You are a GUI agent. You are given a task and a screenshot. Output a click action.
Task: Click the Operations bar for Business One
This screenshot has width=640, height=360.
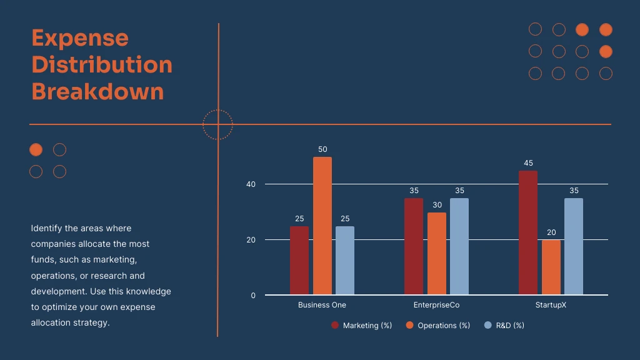(x=322, y=226)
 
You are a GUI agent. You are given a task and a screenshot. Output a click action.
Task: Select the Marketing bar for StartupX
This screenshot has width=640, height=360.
(x=527, y=232)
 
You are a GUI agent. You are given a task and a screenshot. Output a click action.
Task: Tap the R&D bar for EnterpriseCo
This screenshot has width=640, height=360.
(x=459, y=246)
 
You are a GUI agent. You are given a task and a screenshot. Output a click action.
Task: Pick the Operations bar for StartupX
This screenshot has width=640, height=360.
(x=551, y=267)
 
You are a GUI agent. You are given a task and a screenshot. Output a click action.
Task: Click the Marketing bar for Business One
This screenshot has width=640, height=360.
(x=299, y=261)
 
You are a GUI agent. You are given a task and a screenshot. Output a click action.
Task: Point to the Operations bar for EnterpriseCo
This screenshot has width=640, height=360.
(x=436, y=254)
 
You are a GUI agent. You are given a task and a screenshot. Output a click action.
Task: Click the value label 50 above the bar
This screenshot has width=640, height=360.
(x=322, y=149)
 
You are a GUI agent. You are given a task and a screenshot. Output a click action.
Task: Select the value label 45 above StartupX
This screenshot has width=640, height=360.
(x=528, y=163)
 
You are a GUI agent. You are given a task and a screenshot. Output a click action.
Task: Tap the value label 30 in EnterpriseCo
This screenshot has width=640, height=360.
(x=437, y=205)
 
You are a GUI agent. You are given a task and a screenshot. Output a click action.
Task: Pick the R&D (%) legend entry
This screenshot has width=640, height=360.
(x=504, y=326)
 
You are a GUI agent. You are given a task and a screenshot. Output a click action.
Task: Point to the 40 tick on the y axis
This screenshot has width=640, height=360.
(x=251, y=184)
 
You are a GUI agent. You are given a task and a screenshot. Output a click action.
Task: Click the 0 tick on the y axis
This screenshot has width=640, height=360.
(x=253, y=296)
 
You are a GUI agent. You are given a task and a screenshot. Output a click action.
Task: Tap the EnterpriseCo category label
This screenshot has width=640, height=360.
(x=436, y=305)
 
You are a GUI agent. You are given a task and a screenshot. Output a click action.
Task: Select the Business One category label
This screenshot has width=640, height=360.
(x=322, y=305)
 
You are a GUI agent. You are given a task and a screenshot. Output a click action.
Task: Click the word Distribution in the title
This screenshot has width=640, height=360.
(x=102, y=64)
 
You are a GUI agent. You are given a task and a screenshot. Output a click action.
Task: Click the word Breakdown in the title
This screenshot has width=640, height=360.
(x=97, y=91)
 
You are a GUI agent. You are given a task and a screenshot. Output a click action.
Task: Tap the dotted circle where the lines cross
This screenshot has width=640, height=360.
(x=218, y=124)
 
